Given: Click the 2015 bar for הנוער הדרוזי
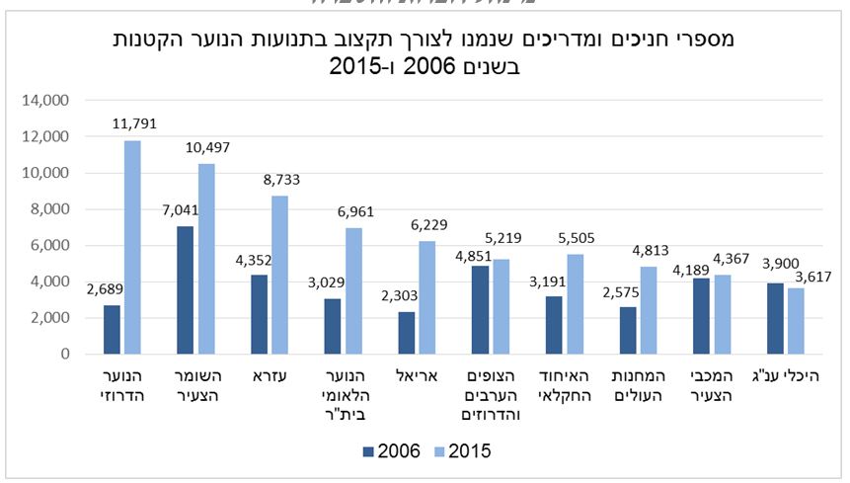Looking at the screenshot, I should pos(132,247).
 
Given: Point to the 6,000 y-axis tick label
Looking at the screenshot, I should pos(49,245).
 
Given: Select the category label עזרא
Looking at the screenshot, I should pos(269,375).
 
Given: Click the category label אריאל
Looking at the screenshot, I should pos(416,375).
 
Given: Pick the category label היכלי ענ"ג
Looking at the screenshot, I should pos(784,375).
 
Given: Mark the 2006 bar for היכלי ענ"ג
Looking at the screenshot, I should pos(776,318).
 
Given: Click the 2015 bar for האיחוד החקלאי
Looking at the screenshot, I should pos(574,303).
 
